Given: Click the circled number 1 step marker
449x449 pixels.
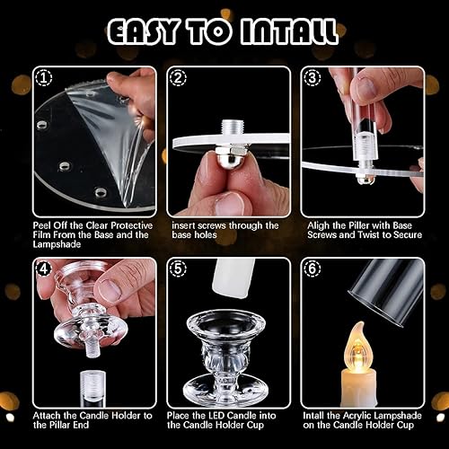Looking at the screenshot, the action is pyautogui.click(x=44, y=78).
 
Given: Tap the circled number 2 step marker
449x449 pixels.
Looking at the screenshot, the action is pyautogui.click(x=178, y=78).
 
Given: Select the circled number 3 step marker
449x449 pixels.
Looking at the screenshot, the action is pyautogui.click(x=312, y=78).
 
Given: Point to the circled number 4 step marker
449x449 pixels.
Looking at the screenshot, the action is pyautogui.click(x=44, y=269).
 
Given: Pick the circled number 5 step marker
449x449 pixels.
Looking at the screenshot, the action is pyautogui.click(x=178, y=269).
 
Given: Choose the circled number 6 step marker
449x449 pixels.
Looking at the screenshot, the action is pyautogui.click(x=312, y=269).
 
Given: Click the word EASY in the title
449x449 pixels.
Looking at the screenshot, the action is pyautogui.click(x=143, y=31).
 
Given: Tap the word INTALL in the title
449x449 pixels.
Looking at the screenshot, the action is pyautogui.click(x=288, y=31).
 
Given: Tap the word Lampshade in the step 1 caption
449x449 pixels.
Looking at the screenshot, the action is pyautogui.click(x=57, y=244).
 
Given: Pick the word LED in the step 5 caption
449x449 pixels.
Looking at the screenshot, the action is pyautogui.click(x=215, y=416).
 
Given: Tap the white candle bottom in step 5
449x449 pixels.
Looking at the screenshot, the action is pyautogui.click(x=233, y=278).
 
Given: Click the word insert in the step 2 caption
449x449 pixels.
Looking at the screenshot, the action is pyautogui.click(x=183, y=225).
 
